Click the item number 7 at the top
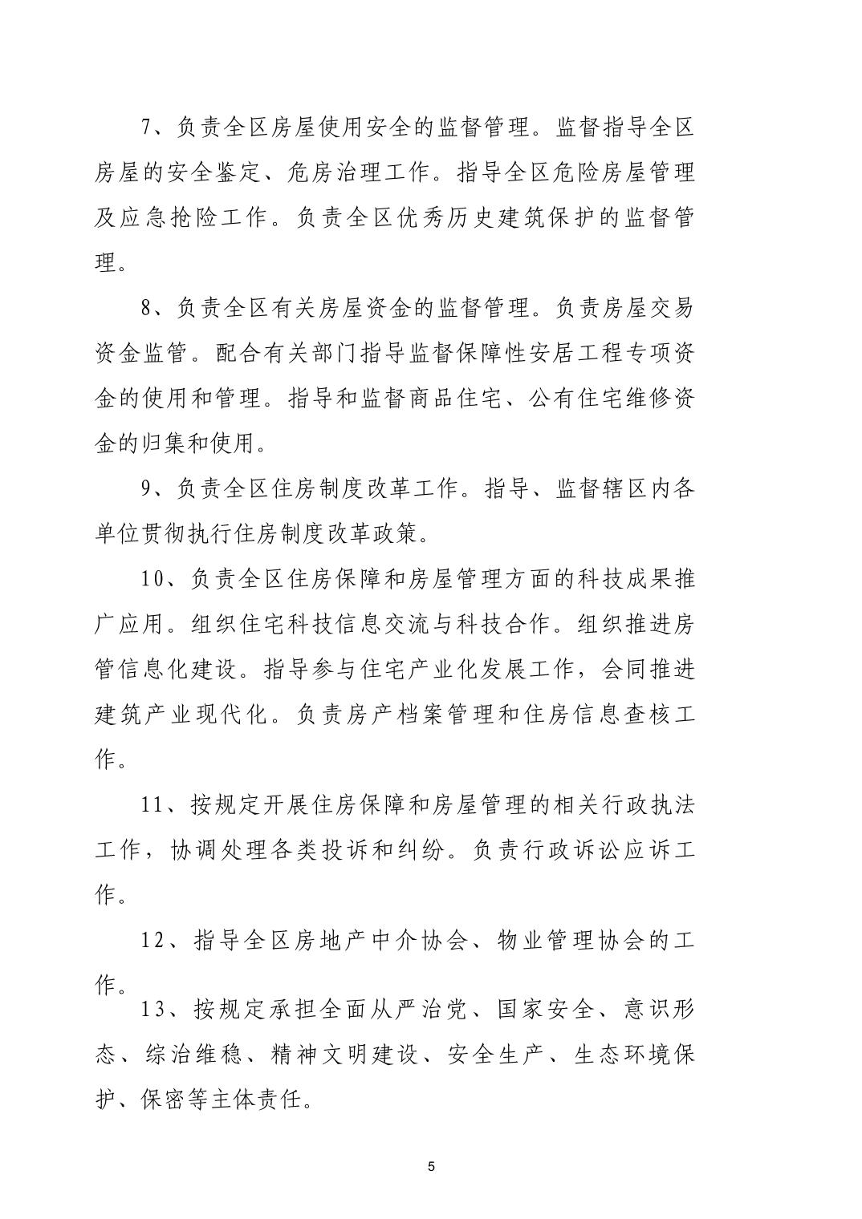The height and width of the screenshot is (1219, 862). (146, 127)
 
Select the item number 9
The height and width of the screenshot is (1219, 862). (146, 488)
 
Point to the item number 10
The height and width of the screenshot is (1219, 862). (152, 579)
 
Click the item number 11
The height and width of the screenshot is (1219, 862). (152, 805)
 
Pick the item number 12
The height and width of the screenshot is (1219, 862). (153, 941)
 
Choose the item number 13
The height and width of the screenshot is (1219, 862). (153, 1009)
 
